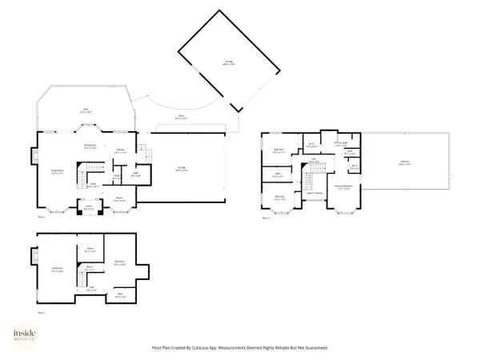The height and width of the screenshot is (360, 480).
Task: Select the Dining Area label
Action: tap(90, 146)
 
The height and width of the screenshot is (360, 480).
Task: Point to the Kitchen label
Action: tap(119, 150)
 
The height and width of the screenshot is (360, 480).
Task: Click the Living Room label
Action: tap(58, 171)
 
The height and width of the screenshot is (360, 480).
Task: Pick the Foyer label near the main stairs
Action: tap(93, 185)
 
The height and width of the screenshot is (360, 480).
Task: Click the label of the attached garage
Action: tap(182, 169)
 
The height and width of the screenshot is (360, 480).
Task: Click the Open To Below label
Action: tap(314, 193)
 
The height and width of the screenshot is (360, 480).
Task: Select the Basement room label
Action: tap(56, 269)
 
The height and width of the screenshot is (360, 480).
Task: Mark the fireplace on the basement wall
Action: tap(34, 256)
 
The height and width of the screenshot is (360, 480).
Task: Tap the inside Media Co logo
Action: tap(28, 337)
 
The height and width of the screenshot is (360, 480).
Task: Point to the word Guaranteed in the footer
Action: tap(314, 348)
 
